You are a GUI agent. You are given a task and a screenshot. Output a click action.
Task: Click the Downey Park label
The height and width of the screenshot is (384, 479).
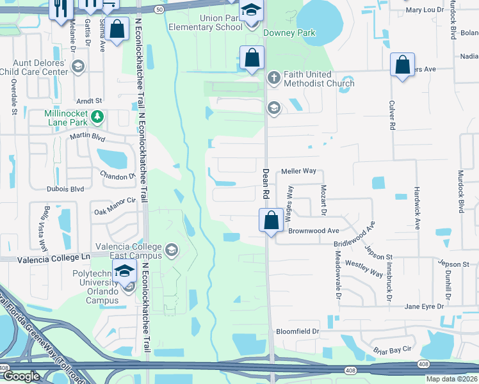click(x=289, y=33)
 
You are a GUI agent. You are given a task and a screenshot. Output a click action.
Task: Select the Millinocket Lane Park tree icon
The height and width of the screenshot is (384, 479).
click(x=97, y=116)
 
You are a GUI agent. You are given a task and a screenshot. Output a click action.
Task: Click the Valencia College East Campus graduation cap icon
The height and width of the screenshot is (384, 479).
click(x=171, y=250)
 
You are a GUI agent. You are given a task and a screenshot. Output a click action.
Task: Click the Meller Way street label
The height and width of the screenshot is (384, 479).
click(x=299, y=171)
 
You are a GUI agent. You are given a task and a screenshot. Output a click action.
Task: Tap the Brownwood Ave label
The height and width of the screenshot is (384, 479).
click(x=313, y=230)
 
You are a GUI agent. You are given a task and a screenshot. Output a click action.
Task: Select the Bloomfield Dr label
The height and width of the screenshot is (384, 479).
click(x=297, y=332)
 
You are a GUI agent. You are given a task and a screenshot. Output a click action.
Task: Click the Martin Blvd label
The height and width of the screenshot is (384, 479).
click(x=87, y=136)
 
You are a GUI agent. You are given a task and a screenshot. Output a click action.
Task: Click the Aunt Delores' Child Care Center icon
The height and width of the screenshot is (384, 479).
click(x=78, y=66)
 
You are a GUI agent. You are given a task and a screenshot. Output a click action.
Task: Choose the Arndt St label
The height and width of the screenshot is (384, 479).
click(x=89, y=101)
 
